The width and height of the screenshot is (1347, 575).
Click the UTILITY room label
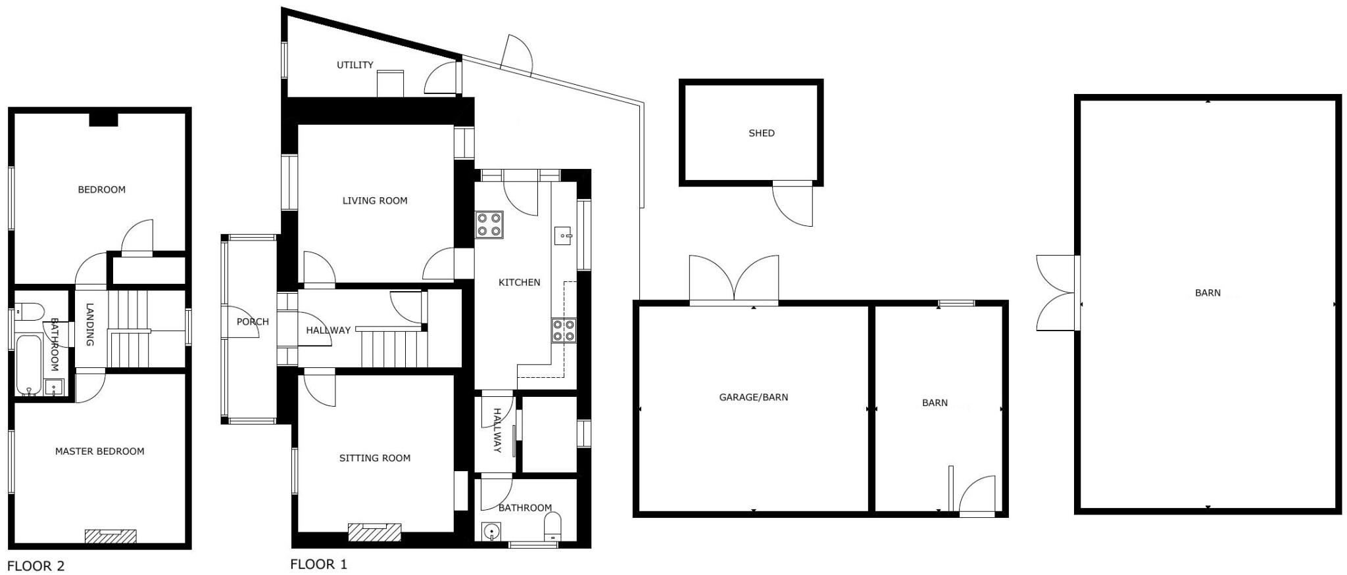click(355, 65)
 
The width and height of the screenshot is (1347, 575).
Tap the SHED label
click(761, 133)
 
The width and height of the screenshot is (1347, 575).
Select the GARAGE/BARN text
click(753, 398)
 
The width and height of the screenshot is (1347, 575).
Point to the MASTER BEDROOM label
click(99, 451)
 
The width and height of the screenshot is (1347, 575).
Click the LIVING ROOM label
click(375, 201)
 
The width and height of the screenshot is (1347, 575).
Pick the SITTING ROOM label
click(375, 459)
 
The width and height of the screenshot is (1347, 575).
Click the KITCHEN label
click(519, 283)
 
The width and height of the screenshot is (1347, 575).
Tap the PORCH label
click(253, 322)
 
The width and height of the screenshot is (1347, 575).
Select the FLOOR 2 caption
click(36, 566)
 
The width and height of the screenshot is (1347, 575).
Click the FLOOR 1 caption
click(318, 564)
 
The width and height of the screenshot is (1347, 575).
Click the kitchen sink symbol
click(564, 235)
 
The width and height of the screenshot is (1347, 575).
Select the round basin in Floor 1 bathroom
click(491, 530)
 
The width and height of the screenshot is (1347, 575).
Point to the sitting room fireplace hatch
click(374, 532)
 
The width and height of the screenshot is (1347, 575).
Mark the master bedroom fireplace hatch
click(110, 536)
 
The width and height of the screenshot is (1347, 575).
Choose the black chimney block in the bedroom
click(103, 120)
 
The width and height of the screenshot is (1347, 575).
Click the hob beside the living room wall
click(489, 224)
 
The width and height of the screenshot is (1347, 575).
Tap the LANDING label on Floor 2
click(90, 324)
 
